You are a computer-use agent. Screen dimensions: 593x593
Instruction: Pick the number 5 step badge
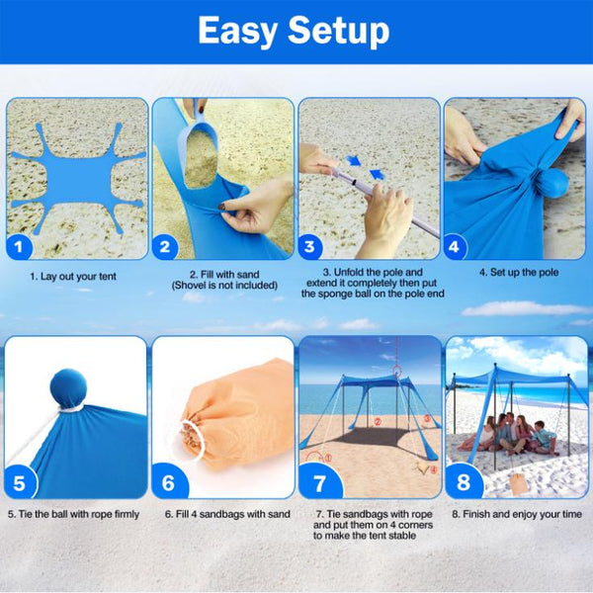coord(21,483)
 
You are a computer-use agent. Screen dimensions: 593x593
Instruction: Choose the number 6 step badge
coord(166,483)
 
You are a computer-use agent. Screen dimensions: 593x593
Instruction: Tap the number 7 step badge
coord(317,483)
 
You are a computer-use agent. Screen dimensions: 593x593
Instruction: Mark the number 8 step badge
coord(463,483)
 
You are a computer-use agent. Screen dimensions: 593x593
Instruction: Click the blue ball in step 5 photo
coord(67,387)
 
